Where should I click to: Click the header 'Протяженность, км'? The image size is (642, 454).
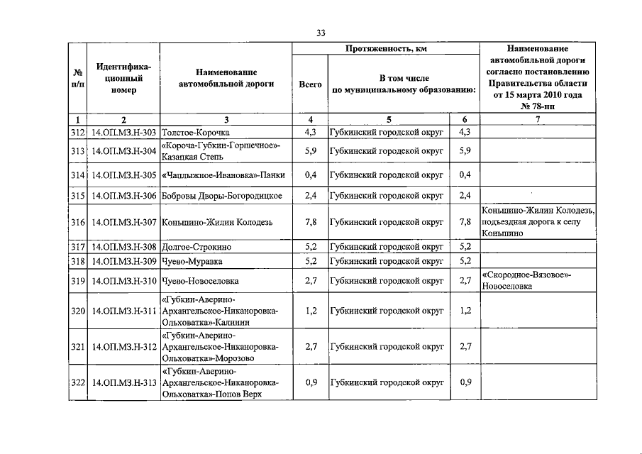tap(386, 48)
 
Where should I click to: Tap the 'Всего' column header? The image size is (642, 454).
tap(310, 84)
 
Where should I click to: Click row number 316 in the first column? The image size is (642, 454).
tap(77, 222)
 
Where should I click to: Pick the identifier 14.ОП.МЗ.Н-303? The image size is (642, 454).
tap(123, 132)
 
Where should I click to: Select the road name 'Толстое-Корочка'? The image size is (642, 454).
tap(196, 132)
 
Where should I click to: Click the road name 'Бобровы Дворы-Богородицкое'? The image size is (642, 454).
tap(222, 196)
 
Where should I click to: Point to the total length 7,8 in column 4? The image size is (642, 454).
tap(310, 222)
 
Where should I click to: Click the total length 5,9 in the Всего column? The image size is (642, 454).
tap(310, 150)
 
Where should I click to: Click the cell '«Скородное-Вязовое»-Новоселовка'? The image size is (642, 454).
tap(526, 280)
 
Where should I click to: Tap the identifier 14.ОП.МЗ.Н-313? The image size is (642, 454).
tap(123, 382)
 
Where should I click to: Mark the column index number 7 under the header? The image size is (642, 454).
tap(538, 119)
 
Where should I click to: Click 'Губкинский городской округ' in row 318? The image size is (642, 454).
tap(386, 260)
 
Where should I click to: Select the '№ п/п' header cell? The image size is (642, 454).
tap(77, 78)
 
